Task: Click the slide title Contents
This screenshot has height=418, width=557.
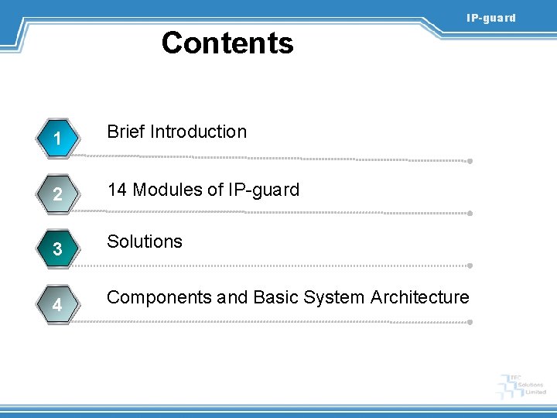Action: pyautogui.click(x=227, y=43)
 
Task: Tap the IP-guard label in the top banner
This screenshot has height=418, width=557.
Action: pyautogui.click(x=490, y=18)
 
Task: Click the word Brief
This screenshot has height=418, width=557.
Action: pyautogui.click(x=126, y=132)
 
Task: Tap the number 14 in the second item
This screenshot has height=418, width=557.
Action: pyautogui.click(x=118, y=190)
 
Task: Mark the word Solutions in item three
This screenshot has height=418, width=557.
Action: pyautogui.click(x=145, y=242)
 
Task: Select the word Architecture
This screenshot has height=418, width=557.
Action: pyautogui.click(x=420, y=297)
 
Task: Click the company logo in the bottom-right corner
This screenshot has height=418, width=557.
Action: pyautogui.click(x=521, y=385)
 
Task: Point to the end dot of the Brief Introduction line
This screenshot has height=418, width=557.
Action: pyautogui.click(x=470, y=162)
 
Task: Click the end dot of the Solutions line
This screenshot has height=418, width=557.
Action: pyautogui.click(x=470, y=265)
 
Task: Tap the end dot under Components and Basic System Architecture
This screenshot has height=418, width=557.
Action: pyautogui.click(x=470, y=320)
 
